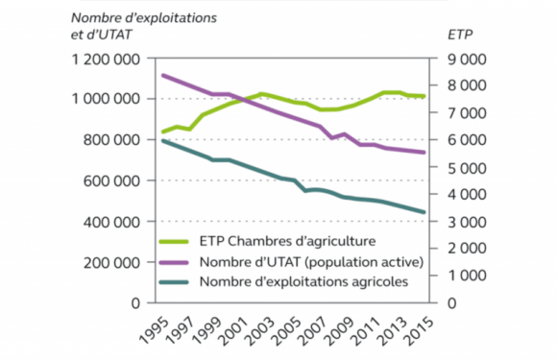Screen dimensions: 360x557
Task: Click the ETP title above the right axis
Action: pos(459,35)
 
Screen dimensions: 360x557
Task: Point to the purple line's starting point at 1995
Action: pos(162,75)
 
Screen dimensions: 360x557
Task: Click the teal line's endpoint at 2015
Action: pos(424,212)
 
